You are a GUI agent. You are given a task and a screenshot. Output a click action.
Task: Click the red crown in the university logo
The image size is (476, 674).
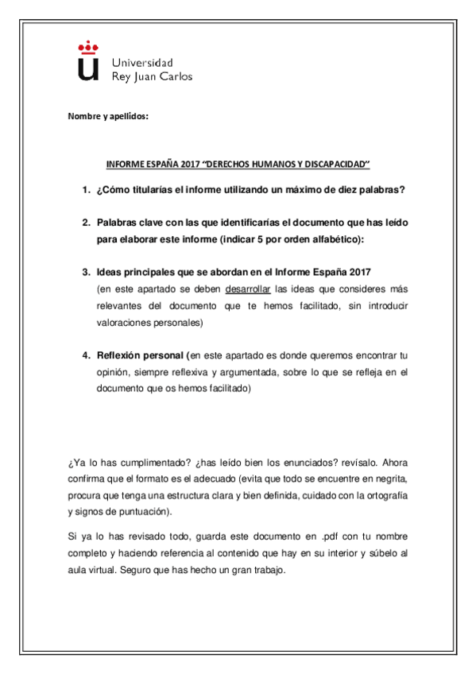click(87, 48)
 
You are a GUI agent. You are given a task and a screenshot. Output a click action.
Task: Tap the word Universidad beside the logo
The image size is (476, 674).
click(142, 62)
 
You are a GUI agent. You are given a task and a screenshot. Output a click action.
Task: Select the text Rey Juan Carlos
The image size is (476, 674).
click(153, 77)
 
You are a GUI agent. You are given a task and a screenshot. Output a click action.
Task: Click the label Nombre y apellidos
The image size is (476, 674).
click(107, 118)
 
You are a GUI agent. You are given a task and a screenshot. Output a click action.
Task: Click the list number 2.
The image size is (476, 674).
click(85, 223)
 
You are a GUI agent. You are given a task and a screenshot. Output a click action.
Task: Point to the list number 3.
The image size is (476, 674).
click(85, 273)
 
